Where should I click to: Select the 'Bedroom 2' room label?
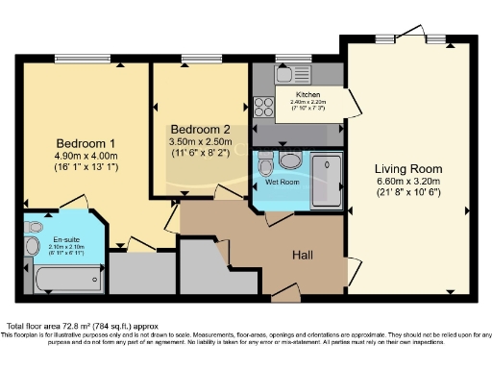tap(200, 129)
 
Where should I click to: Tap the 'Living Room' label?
tap(408, 169)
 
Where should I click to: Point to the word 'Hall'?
tap(306, 254)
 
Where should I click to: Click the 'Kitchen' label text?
tap(307, 94)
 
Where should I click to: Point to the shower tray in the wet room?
tap(327, 178)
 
